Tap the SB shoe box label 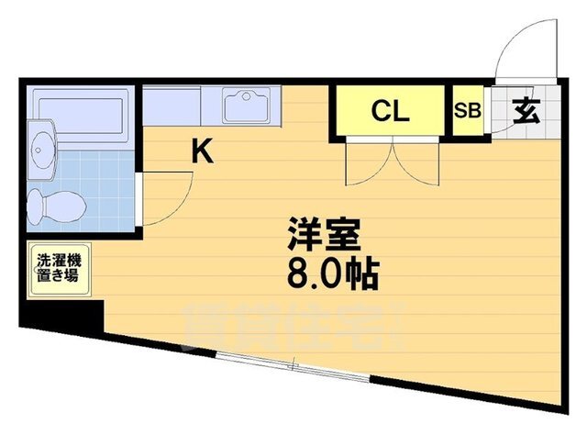pyautogui.click(x=467, y=112)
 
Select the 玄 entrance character pyautogui.click(x=524, y=111)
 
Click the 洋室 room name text pyautogui.click(x=316, y=233)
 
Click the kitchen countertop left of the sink pyautogui.click(x=180, y=103)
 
